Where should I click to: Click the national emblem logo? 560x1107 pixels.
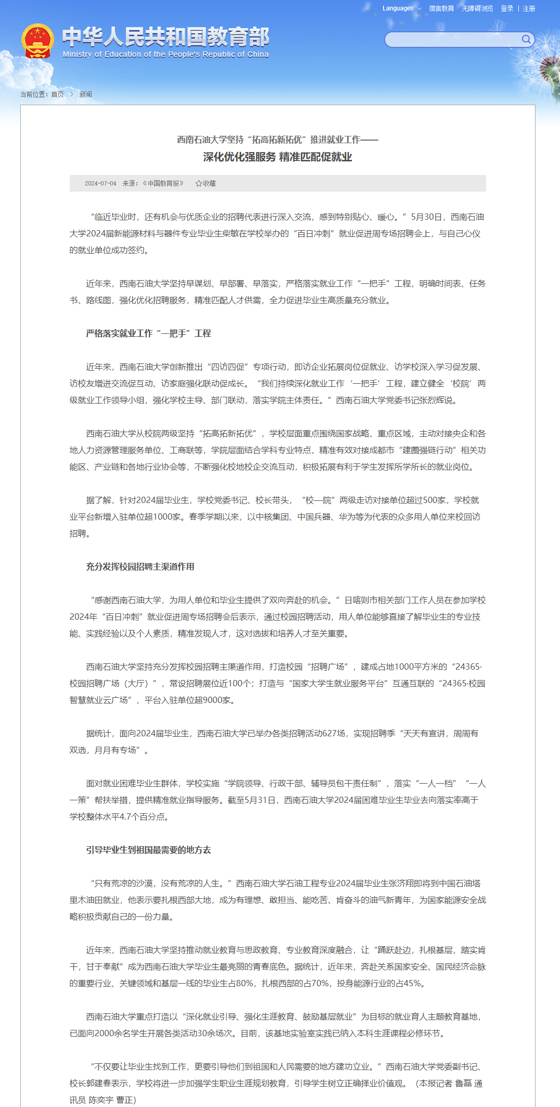point(37,41)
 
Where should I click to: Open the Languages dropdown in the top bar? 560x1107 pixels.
point(401,8)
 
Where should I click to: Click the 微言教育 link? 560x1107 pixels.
point(441,8)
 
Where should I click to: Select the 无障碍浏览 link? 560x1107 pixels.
point(477,8)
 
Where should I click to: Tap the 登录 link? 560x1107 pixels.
point(507,8)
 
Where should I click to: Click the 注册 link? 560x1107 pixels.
point(529,8)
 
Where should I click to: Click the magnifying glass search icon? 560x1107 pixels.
point(526,39)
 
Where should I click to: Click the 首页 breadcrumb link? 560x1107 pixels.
point(57,94)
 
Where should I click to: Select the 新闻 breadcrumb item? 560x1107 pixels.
point(85,94)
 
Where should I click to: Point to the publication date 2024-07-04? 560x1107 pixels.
point(100,183)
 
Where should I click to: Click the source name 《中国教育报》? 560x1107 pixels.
point(163,183)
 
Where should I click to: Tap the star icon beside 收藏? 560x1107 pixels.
point(198,183)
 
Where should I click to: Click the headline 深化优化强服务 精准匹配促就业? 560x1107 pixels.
point(277,157)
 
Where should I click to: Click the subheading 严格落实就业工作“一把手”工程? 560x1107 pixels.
point(148,333)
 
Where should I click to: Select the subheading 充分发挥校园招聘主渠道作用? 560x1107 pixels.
point(140,567)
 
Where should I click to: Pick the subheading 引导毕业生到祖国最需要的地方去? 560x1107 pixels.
point(148,850)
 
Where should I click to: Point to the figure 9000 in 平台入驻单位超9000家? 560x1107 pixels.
point(212,700)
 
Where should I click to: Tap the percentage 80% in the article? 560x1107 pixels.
point(245,983)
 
